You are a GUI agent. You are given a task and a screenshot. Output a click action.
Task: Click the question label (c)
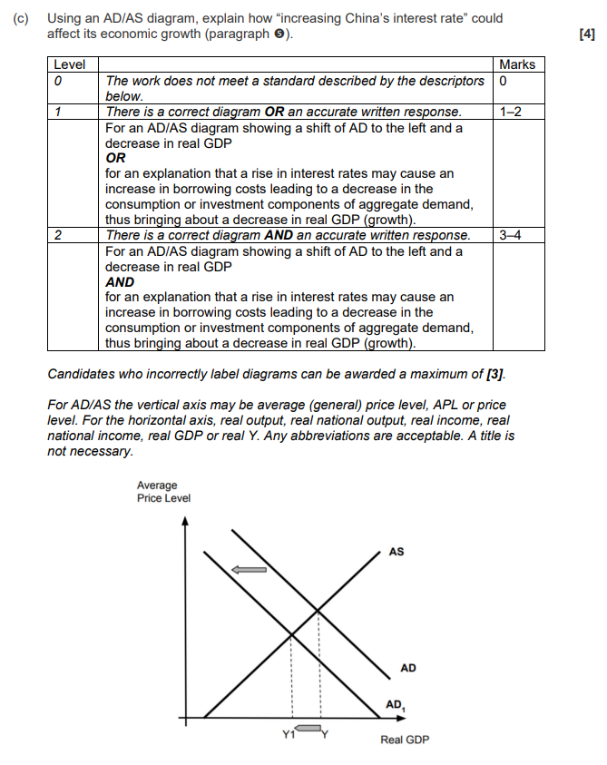pyautogui.click(x=23, y=19)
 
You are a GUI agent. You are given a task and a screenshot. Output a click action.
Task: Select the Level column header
pyautogui.click(x=69, y=64)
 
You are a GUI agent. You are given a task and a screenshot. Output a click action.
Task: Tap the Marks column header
pyautogui.click(x=517, y=64)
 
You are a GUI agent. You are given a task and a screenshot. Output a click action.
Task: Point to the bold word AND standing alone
pyautogui.click(x=120, y=282)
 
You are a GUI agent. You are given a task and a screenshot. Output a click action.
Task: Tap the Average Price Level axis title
pyautogui.click(x=163, y=492)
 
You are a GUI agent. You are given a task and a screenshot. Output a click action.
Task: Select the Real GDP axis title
pyautogui.click(x=405, y=740)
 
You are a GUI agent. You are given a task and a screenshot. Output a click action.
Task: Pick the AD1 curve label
pyautogui.click(x=396, y=705)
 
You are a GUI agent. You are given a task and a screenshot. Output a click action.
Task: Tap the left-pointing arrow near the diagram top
pyautogui.click(x=250, y=569)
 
